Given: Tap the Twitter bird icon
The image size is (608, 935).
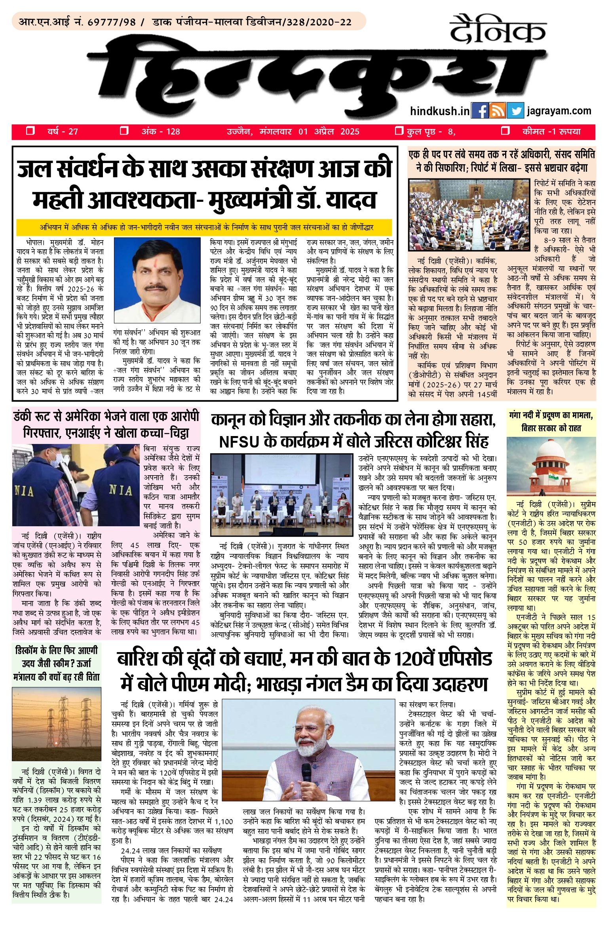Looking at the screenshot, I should (515, 111).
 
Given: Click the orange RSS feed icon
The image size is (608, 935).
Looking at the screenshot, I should (498, 111).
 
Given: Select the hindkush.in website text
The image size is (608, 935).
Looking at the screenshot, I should (440, 111).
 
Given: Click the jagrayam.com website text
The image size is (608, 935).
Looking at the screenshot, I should (559, 111).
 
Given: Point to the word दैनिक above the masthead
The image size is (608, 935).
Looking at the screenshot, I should (498, 29).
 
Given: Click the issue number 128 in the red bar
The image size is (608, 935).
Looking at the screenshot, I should (173, 132).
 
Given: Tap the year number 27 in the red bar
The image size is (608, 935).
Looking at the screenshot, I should (73, 132).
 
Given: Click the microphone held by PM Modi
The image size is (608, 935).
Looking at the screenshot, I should (307, 772).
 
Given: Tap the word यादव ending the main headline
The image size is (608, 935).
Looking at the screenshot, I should (350, 200).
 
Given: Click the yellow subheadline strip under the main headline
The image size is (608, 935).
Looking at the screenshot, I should (204, 228).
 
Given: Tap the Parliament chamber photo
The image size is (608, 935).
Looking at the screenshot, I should (469, 214).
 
